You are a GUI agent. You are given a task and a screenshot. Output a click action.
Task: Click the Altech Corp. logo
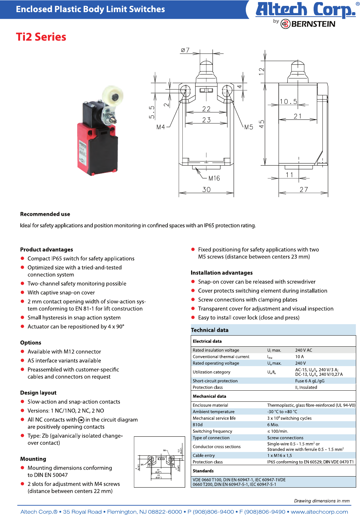pyautogui.click(x=305, y=10)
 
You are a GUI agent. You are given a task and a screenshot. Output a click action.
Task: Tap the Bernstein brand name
pyautogui.click(x=313, y=24)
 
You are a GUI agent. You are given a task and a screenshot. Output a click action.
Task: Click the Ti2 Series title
pyautogui.click(x=41, y=37)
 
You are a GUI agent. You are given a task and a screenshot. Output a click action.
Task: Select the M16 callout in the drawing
pyautogui.click(x=214, y=178)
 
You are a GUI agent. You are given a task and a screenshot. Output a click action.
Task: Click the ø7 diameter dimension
pyautogui.click(x=185, y=50)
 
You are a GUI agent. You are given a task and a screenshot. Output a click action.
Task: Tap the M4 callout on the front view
pyautogui.click(x=161, y=127)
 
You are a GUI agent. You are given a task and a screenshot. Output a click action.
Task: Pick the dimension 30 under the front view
pyautogui.click(x=206, y=189)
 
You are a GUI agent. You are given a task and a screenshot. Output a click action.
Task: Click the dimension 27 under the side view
pyautogui.click(x=304, y=189)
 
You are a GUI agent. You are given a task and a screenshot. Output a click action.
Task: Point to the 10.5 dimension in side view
pyautogui.click(x=288, y=101)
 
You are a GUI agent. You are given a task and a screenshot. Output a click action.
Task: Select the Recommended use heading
pyautogui.click(x=45, y=214)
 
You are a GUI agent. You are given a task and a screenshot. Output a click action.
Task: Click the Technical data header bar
pyautogui.click(x=273, y=330)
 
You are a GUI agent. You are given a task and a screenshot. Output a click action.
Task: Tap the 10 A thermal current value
pyautogui.click(x=299, y=357)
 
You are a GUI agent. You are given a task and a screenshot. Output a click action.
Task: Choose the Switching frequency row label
pyautogui.click(x=212, y=431)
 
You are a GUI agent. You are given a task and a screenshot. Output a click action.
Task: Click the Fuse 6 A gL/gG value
pyautogui.click(x=309, y=381)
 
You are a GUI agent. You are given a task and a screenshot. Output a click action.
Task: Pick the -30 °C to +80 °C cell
pyautogui.click(x=282, y=412)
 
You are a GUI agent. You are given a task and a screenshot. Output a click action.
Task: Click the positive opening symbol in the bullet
pyautogui.click(x=81, y=420)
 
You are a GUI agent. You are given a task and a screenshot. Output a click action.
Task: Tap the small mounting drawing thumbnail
pyautogui.click(x=159, y=462)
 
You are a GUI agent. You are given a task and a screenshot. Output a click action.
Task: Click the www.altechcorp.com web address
pyautogui.click(x=319, y=512)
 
